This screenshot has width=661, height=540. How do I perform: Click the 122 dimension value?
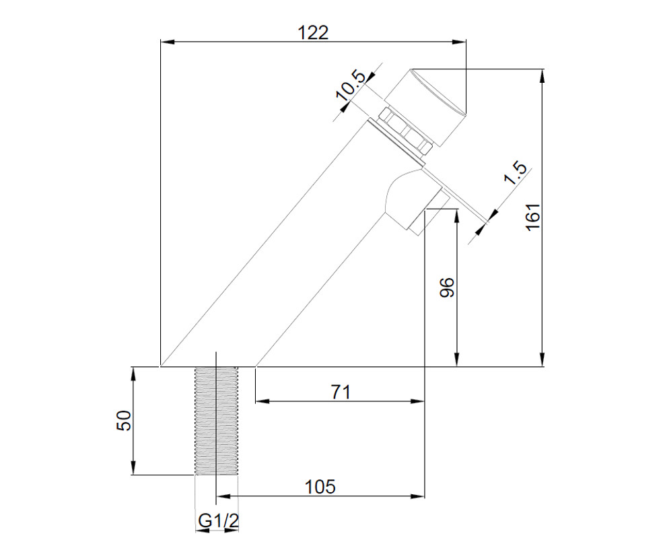(313, 32)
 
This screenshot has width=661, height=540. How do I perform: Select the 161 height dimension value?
(533, 216)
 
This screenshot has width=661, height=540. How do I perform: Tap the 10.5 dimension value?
(350, 86)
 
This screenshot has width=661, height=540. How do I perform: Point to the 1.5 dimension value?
(515, 173)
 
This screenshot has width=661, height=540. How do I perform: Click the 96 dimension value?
(447, 288)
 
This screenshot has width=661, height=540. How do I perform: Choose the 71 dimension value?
(341, 392)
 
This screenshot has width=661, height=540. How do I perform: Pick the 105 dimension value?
(320, 487)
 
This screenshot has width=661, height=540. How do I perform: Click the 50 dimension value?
(124, 420)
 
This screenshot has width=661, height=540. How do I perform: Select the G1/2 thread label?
(218, 521)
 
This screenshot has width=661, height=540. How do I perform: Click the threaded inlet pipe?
(216, 421)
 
